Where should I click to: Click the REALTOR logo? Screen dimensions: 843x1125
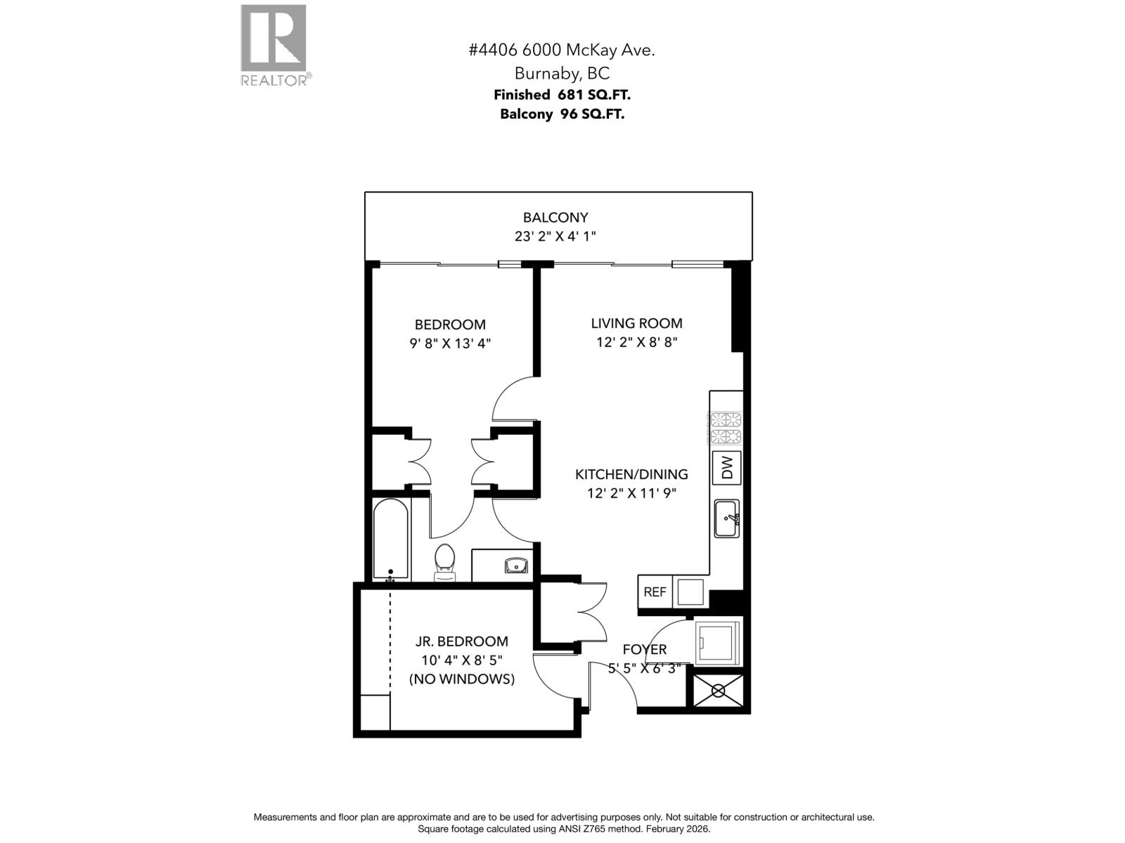(274, 44)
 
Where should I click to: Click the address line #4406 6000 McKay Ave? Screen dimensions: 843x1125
(562, 50)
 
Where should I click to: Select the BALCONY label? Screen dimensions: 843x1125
(555, 218)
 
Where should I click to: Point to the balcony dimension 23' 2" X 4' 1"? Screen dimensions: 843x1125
(555, 237)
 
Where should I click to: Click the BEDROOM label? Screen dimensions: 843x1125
(450, 325)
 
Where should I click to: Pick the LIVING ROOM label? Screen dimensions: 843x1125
(636, 323)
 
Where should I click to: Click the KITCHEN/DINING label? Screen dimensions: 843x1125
(631, 474)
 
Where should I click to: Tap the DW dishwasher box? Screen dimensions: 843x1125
(727, 467)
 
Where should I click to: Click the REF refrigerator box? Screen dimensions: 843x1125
(655, 592)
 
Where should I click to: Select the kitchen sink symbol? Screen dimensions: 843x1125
(726, 518)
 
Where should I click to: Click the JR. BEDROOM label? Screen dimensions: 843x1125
(461, 641)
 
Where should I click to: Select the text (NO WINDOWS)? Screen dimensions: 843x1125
(461, 679)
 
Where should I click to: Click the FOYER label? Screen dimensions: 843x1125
(644, 650)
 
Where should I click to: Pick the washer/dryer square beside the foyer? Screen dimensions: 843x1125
(717, 641)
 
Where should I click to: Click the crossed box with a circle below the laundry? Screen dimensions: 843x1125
(719, 691)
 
